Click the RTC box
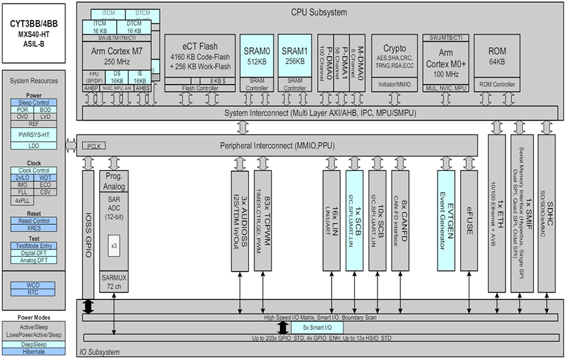pyautogui.click(x=33, y=291)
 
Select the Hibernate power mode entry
pyautogui.click(x=33, y=351)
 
